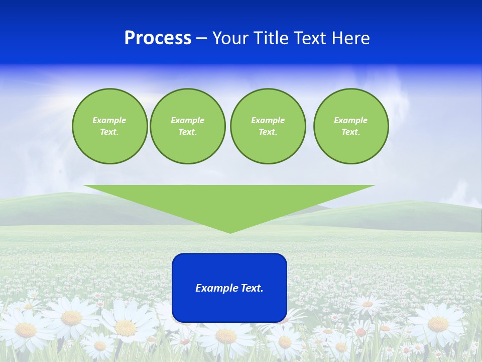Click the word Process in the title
click(158, 38)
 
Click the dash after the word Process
click(201, 39)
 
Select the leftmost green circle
click(109, 126)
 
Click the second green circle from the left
click(187, 126)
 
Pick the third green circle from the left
click(268, 126)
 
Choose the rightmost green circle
click(351, 126)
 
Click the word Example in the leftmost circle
click(109, 120)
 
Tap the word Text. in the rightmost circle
click(351, 132)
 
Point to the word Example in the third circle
click(268, 120)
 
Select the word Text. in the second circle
click(187, 132)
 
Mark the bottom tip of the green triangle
click(230, 232)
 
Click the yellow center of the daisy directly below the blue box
click(226, 336)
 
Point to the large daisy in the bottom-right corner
click(438, 324)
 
